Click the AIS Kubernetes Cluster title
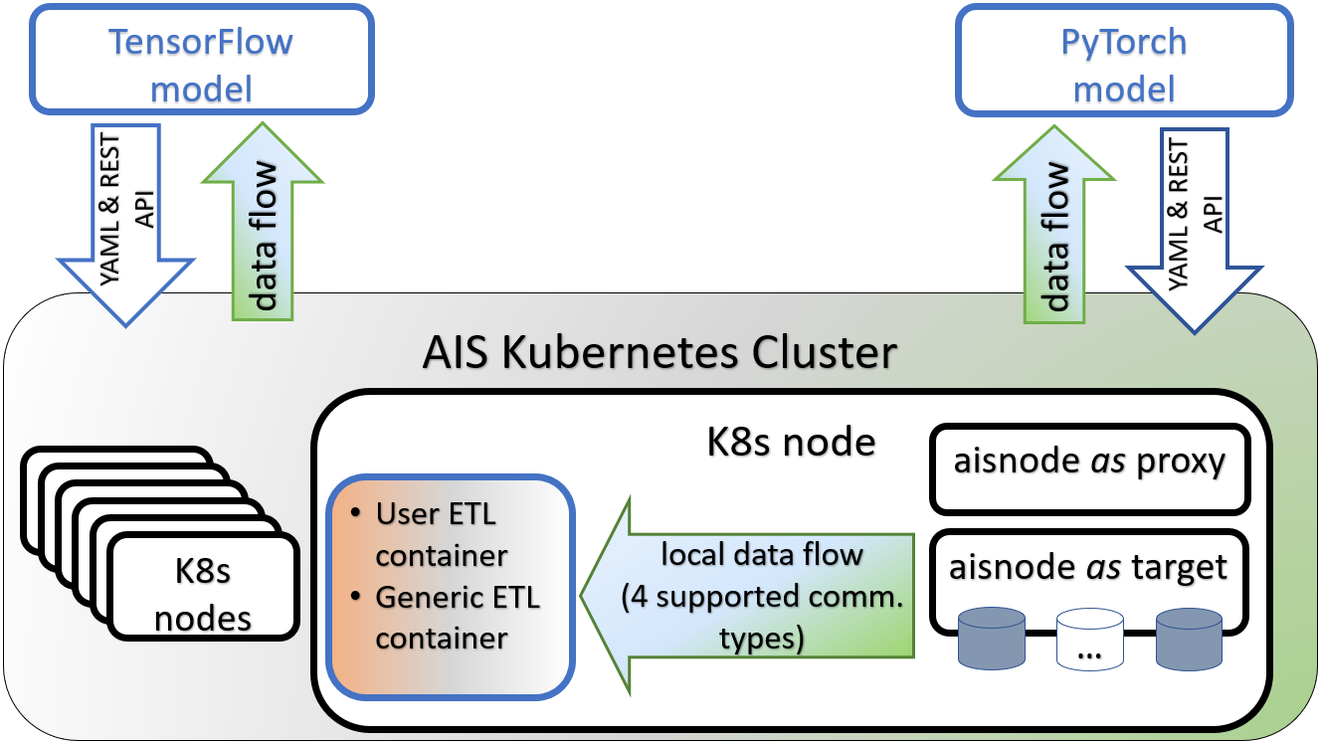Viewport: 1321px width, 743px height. click(x=660, y=353)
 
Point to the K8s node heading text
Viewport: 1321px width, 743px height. click(x=791, y=441)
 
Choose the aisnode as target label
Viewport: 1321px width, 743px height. click(x=1088, y=567)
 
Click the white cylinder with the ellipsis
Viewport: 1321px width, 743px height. click(x=1089, y=641)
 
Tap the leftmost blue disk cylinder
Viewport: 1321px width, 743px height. click(x=990, y=641)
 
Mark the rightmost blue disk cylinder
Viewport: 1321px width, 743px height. click(x=1189, y=641)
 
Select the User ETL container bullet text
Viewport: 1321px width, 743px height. click(x=438, y=534)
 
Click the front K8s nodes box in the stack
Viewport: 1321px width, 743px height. click(x=203, y=586)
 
